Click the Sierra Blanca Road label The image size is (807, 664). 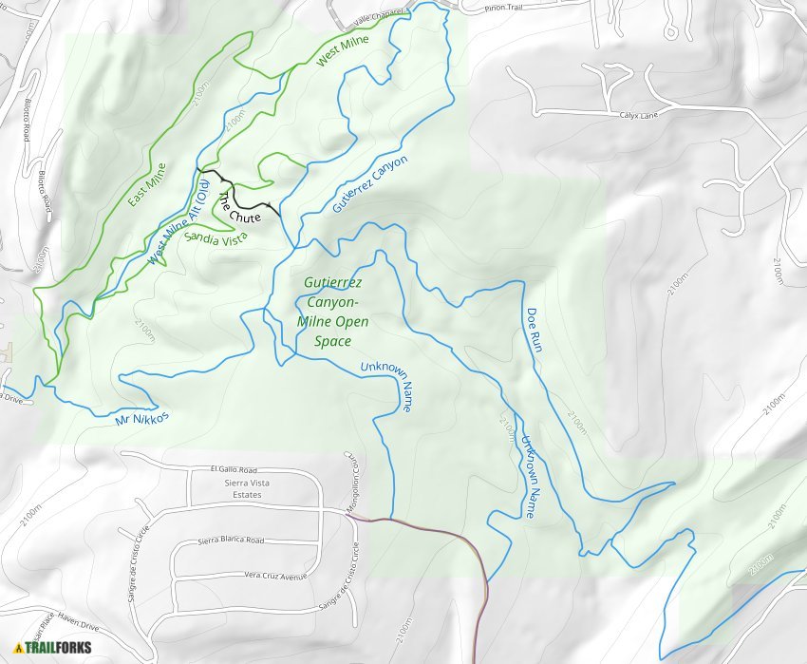tap(231, 540)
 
